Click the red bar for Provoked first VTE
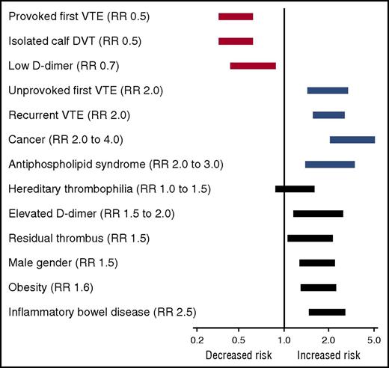(x=236, y=16)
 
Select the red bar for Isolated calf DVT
(x=236, y=41)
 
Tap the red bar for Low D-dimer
(x=253, y=66)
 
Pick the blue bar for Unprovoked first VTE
(x=328, y=91)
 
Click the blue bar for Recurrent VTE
(x=328, y=115)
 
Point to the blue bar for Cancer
(x=352, y=140)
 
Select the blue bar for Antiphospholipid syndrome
(x=330, y=165)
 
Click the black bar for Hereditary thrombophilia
(x=295, y=189)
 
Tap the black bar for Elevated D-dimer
(x=318, y=214)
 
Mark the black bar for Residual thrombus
(x=310, y=239)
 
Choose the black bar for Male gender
(x=317, y=263)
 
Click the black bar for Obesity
(x=318, y=287)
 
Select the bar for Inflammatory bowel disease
(x=327, y=312)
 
